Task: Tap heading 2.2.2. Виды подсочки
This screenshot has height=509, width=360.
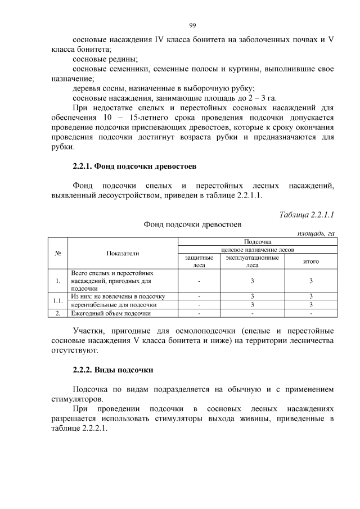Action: coord(113,370)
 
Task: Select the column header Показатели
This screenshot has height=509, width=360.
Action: coord(123,254)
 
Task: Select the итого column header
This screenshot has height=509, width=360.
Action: coord(311,262)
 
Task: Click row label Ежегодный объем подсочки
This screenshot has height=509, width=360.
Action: coord(111,313)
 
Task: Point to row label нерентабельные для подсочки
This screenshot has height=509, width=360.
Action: coord(106,304)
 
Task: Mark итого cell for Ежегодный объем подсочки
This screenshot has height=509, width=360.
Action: coord(311,313)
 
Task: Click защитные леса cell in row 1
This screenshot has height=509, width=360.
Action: coord(199,280)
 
